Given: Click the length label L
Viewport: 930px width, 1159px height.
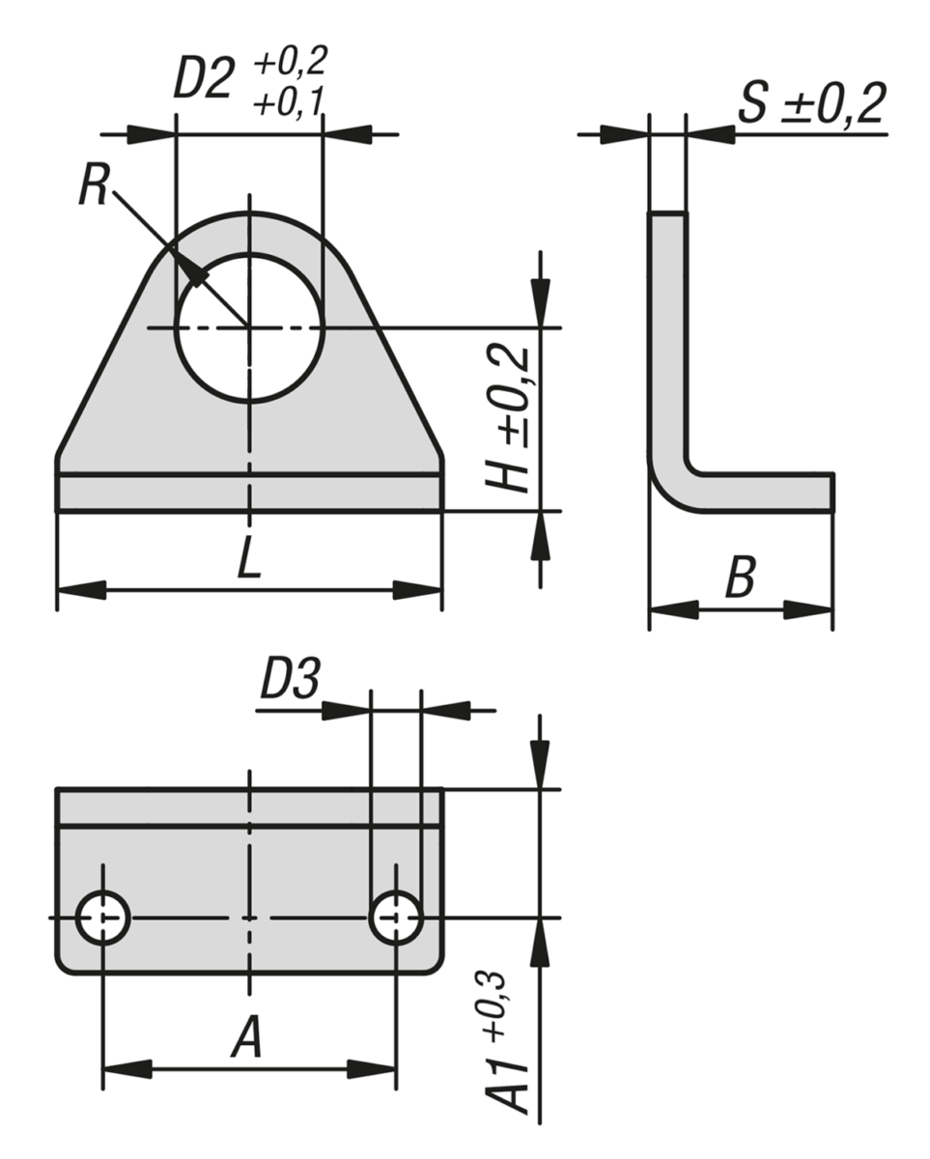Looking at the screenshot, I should (249, 562).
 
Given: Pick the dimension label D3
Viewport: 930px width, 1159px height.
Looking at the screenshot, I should (289, 683).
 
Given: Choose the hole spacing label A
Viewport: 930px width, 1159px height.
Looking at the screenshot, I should (247, 1041).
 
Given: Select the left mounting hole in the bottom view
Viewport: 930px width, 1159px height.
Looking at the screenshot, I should (103, 917).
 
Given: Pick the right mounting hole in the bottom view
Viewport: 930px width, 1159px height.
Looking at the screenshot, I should (396, 917).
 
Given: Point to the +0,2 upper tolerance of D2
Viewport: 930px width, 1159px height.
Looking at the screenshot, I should (290, 63).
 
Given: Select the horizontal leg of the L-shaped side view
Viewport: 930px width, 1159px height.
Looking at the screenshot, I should (763, 491).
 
